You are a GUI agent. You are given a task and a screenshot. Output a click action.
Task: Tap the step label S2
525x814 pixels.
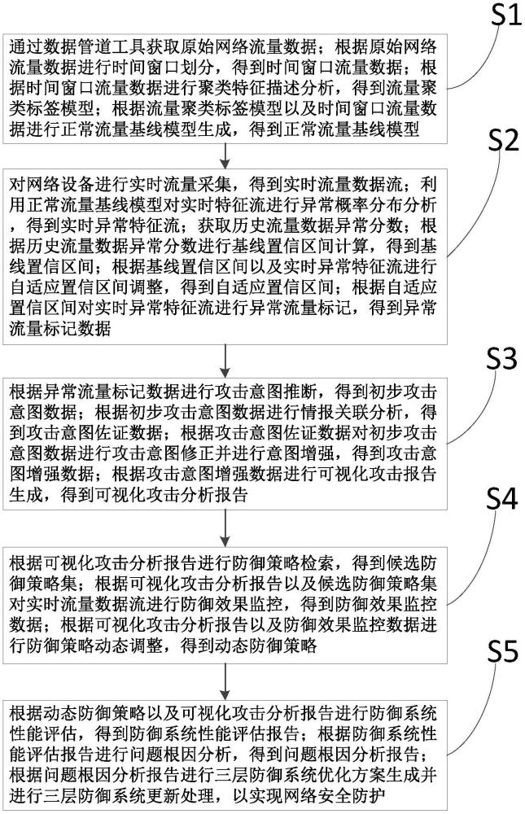click(x=503, y=140)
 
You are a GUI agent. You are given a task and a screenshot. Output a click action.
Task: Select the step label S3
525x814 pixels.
click(x=501, y=358)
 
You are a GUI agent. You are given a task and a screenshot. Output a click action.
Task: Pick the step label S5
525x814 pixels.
click(x=502, y=650)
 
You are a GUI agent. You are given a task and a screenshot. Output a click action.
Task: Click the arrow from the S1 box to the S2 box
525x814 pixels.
click(x=225, y=156)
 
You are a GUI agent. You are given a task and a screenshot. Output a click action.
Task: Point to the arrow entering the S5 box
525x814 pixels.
click(x=225, y=681)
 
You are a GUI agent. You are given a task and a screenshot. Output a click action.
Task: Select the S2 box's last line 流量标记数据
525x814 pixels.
click(x=60, y=329)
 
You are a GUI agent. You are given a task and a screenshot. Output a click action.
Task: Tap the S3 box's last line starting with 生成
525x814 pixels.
click(x=129, y=494)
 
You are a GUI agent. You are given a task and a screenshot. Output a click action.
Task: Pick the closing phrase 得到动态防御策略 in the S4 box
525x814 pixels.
click(x=249, y=646)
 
